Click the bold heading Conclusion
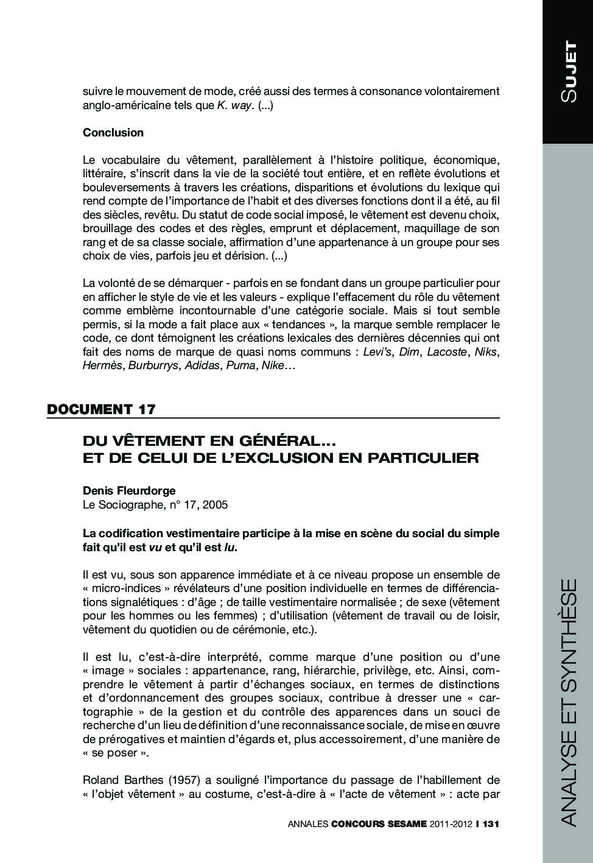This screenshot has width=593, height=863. (x=113, y=133)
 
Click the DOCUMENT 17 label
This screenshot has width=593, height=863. (x=101, y=409)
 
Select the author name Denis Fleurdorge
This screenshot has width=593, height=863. (x=129, y=491)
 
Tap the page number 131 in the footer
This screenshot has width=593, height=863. (x=490, y=824)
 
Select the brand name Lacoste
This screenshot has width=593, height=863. (x=447, y=352)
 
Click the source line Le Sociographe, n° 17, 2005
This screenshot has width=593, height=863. (x=155, y=505)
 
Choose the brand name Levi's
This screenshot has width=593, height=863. (x=377, y=352)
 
